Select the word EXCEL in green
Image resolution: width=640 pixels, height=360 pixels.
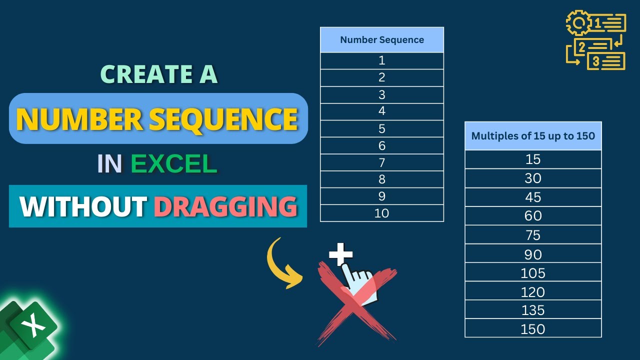(x=173, y=164)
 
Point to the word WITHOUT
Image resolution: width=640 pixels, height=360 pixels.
(x=83, y=206)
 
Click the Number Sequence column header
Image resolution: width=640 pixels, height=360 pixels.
(x=382, y=40)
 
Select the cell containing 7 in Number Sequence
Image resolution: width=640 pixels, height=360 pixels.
(x=382, y=162)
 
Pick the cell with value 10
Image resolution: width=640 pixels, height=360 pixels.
(x=382, y=213)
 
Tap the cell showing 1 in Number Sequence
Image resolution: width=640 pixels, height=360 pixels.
(x=382, y=60)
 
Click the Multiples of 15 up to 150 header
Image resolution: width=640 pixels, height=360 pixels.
(x=533, y=136)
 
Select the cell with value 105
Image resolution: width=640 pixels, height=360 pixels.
(x=533, y=273)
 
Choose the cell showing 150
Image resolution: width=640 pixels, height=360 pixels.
(x=533, y=329)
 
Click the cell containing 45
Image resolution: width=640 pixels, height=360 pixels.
(x=533, y=197)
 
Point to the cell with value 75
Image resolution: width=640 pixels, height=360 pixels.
(x=533, y=235)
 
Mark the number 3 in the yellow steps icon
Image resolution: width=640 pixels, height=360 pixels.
(x=596, y=61)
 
